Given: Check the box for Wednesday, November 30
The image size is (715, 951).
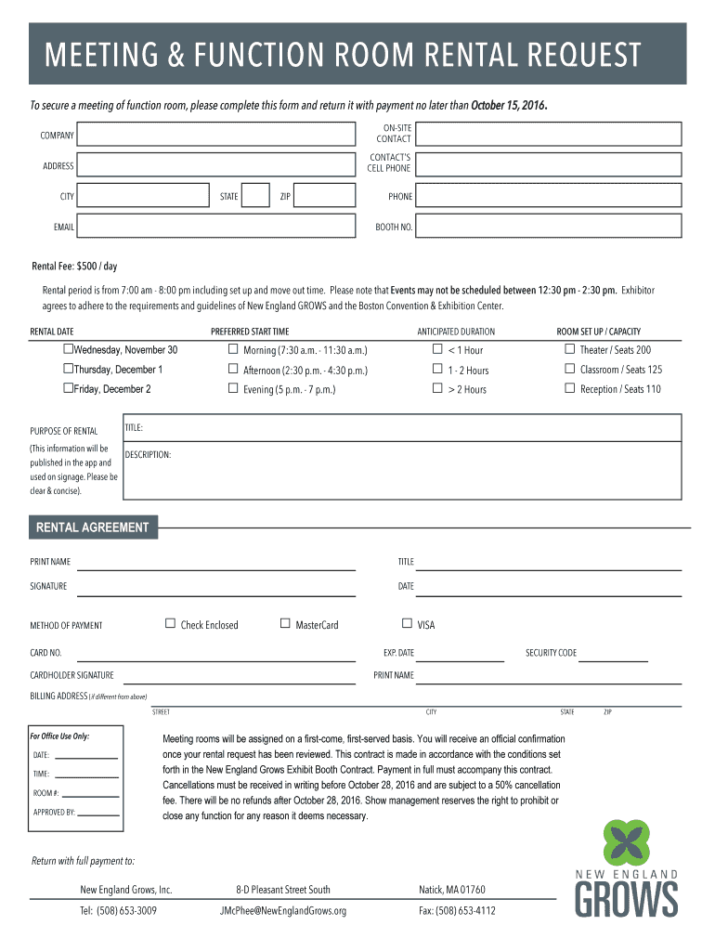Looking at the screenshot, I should (68, 349).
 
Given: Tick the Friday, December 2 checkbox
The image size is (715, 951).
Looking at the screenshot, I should (68, 388).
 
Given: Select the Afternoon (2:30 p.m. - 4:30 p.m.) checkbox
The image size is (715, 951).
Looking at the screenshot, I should (233, 369).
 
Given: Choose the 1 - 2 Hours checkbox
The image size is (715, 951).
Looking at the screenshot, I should (437, 369).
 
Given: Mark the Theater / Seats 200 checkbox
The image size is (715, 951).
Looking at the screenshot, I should (570, 349).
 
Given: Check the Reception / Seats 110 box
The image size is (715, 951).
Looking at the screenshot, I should (570, 388).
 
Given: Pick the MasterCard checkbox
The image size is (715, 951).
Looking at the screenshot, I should (285, 623).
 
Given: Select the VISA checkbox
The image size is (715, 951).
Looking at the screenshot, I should (407, 623).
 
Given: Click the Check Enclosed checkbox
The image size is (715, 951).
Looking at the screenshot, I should (170, 623).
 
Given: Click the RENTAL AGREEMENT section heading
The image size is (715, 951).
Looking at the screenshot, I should (92, 528).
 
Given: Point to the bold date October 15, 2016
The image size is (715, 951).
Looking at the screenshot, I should (509, 105).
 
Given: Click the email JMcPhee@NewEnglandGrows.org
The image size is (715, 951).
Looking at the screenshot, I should (283, 911).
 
